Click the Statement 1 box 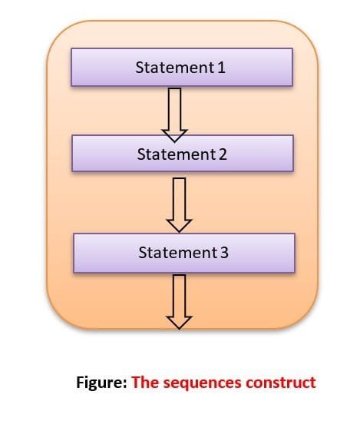[181, 68]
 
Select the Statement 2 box [182, 154]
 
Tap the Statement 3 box [183, 252]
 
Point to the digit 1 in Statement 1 [222, 68]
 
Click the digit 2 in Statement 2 [223, 154]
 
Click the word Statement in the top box [174, 68]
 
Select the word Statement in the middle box [176, 154]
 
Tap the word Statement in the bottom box [177, 252]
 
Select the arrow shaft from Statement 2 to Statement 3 [180, 197]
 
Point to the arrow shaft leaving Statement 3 [180, 293]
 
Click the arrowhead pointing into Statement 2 [176, 133]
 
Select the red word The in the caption [145, 382]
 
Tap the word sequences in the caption [200, 383]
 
